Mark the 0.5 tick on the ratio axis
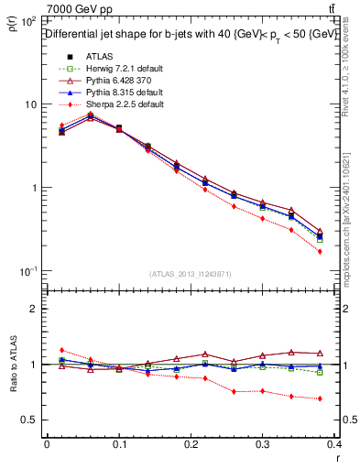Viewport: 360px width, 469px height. (x=31, y=420)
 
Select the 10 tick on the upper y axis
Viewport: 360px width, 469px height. (x=30, y=104)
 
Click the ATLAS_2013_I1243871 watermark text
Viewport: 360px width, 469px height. (x=190, y=274)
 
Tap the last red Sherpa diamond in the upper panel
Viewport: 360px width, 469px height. (x=320, y=251)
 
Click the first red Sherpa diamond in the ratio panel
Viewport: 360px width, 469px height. (x=61, y=350)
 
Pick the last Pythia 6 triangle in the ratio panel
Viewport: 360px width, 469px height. (x=320, y=353)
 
